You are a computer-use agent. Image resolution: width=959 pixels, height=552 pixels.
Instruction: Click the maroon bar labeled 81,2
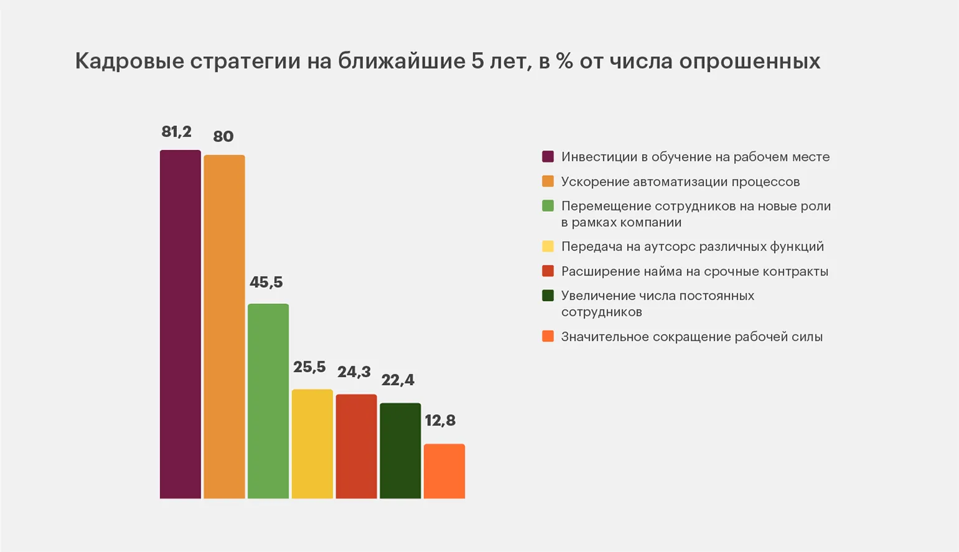[x=180, y=324]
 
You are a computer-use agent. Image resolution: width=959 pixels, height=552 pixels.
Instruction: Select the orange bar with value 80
[x=224, y=326]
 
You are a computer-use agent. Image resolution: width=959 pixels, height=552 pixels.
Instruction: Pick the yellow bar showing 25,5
[x=312, y=444]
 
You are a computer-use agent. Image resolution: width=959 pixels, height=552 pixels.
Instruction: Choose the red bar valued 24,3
[x=356, y=446]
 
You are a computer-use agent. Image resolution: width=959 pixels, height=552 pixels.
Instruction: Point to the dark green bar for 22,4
[x=400, y=450]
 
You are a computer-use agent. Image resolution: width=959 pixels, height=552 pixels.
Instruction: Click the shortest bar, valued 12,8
[x=444, y=471]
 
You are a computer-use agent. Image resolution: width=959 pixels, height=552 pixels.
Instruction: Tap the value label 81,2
[x=176, y=131]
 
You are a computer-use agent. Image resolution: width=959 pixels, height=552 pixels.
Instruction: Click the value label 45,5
[x=266, y=282]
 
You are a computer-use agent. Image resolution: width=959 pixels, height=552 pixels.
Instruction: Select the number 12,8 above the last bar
[x=440, y=421]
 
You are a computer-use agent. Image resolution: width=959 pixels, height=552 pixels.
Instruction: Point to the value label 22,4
[x=397, y=380]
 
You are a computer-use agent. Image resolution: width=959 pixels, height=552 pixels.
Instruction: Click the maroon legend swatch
[x=548, y=156]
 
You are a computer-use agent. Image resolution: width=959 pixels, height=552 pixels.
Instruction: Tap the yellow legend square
[x=548, y=246]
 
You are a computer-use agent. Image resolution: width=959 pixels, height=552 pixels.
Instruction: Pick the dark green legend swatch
[x=548, y=295]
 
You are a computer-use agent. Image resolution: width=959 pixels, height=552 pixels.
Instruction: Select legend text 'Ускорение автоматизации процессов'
[x=680, y=182]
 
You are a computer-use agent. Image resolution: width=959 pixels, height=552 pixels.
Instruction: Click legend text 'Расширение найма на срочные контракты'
[x=694, y=272]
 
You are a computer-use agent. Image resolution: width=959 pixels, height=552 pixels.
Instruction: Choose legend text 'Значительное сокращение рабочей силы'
[x=691, y=337]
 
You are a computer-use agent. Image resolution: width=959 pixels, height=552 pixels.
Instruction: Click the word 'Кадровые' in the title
[x=130, y=61]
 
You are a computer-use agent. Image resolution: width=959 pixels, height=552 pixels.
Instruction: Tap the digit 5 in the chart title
[x=478, y=61]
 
